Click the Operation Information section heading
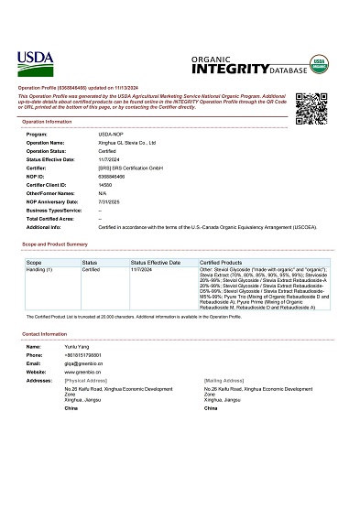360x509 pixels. click(x=47, y=121)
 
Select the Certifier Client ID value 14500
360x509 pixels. click(x=104, y=184)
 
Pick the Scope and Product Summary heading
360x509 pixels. click(x=55, y=244)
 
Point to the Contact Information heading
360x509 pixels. click(x=45, y=334)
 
